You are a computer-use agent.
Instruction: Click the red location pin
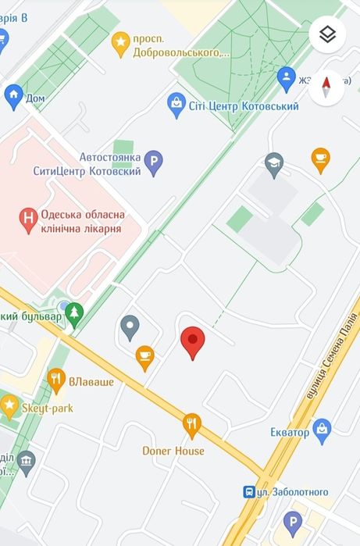click(x=193, y=342)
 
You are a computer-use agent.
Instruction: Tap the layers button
click(x=328, y=34)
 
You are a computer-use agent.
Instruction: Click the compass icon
click(x=326, y=87)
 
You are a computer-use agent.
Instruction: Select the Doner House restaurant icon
click(x=192, y=425)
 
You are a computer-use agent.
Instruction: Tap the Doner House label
click(x=173, y=451)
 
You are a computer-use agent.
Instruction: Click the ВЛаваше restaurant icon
click(x=56, y=380)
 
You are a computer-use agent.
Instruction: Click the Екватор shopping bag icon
click(x=322, y=428)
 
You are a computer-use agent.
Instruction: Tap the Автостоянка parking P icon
click(x=154, y=163)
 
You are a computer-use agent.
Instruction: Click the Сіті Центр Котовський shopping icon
click(x=177, y=104)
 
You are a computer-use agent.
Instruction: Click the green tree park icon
click(x=74, y=313)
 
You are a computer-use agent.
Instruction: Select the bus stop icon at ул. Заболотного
click(x=249, y=491)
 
